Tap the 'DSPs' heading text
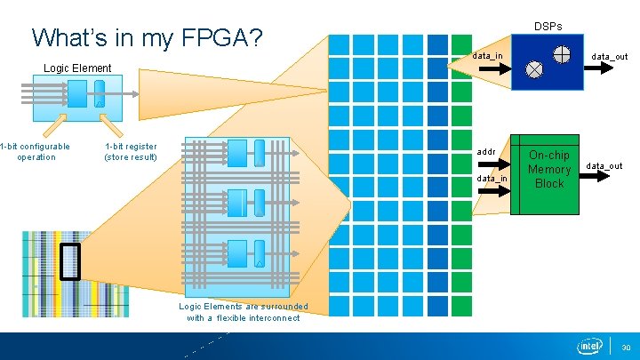[548, 26]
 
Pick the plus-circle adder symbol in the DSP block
[562, 53]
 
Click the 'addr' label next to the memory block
[486, 152]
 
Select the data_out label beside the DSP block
[610, 57]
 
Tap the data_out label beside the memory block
[604, 166]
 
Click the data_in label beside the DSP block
[487, 56]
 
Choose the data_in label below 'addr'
[492, 179]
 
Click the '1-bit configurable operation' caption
[36, 152]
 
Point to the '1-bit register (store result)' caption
[131, 152]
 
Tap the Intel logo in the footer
[590, 346]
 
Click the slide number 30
[625, 347]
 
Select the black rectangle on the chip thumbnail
[69, 261]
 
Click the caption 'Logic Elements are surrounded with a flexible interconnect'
[244, 312]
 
